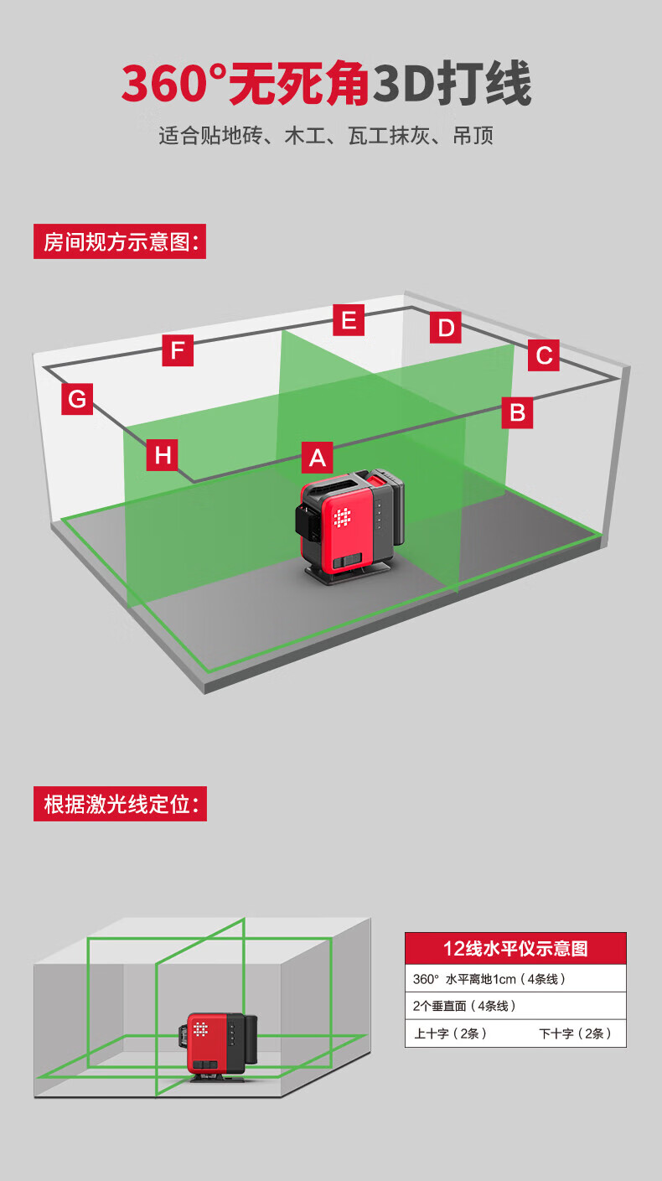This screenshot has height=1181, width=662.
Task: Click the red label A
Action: point(317,458)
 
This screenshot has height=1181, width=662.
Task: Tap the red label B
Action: point(517,412)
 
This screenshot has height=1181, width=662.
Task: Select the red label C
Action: point(544,355)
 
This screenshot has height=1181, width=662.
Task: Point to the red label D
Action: point(446,328)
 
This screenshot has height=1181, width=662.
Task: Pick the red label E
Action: point(349,320)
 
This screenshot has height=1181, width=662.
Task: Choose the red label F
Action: point(178,350)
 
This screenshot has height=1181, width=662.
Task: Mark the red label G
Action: point(77,398)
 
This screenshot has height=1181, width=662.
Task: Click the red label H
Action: point(163,455)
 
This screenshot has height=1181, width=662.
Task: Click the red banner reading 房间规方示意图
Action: point(120,242)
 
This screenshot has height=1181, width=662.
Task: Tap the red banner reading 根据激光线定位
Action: point(120,805)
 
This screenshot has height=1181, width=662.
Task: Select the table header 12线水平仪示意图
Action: point(515,948)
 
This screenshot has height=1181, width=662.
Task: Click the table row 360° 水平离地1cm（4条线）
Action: point(515,978)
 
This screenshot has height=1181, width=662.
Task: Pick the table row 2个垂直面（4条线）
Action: point(515,1006)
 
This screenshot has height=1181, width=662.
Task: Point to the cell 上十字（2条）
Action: point(450,1033)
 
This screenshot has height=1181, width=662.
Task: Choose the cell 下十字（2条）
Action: point(575,1033)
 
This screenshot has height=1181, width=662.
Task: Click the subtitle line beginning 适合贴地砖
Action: point(326,135)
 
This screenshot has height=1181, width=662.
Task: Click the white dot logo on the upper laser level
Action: point(342,518)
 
